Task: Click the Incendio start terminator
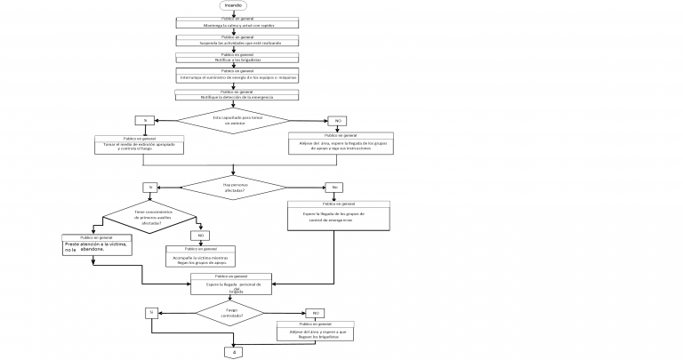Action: tap(233, 5)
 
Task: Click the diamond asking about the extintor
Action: tap(234, 120)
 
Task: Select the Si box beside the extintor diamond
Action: tap(141, 120)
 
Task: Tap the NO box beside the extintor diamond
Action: tap(337, 121)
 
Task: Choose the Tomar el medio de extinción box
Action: tap(141, 146)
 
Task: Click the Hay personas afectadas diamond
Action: tap(234, 188)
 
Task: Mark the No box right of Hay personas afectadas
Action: tap(334, 188)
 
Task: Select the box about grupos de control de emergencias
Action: tap(338, 217)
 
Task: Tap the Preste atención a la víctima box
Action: tap(100, 246)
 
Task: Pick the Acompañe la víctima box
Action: tap(201, 258)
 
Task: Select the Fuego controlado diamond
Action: tap(232, 313)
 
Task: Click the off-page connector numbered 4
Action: tap(234, 353)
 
